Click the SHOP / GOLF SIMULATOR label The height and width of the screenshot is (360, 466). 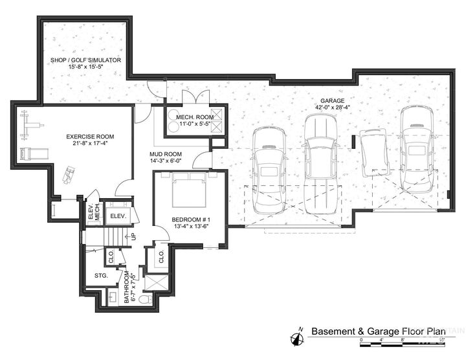click(87, 63)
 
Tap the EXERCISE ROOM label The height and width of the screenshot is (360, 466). click(91, 140)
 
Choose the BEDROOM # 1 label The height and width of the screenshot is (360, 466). click(188, 223)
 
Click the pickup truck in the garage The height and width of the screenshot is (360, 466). click(321, 164)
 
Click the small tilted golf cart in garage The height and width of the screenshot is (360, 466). click(374, 152)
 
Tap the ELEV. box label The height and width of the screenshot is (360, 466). click(118, 216)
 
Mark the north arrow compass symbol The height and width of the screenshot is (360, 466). click(299, 335)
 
